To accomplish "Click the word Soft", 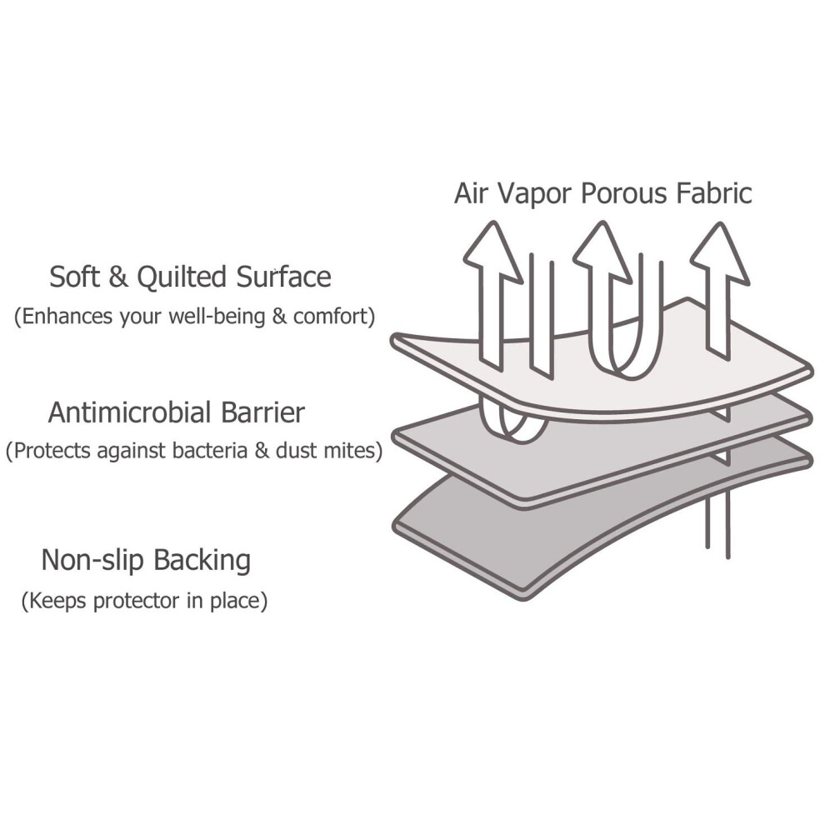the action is coord(74,276).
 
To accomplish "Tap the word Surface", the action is coord(283,276).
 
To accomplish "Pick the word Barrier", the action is coord(262,412).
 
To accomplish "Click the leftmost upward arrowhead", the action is coord(493,252).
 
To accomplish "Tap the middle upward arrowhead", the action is coord(602,252).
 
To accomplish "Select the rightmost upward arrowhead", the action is coord(720,252).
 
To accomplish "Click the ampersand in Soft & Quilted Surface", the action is coord(118,277).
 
